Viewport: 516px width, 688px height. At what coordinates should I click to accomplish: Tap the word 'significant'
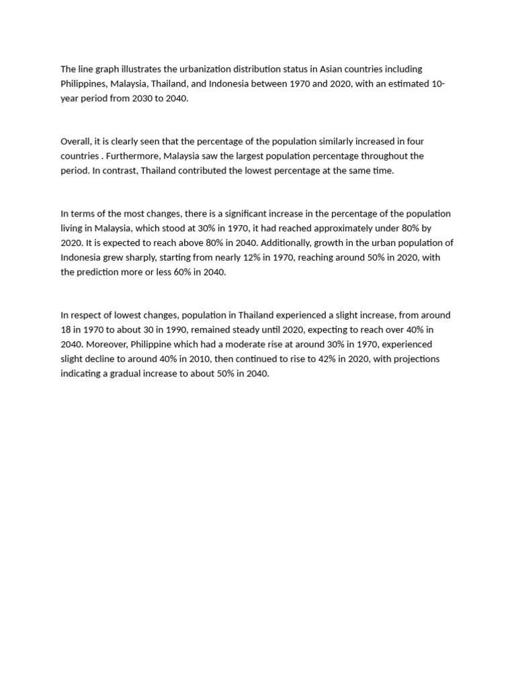[x=256, y=214]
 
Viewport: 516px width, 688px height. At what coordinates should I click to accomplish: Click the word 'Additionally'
[x=284, y=243]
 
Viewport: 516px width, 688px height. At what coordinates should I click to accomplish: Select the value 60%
[x=180, y=272]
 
